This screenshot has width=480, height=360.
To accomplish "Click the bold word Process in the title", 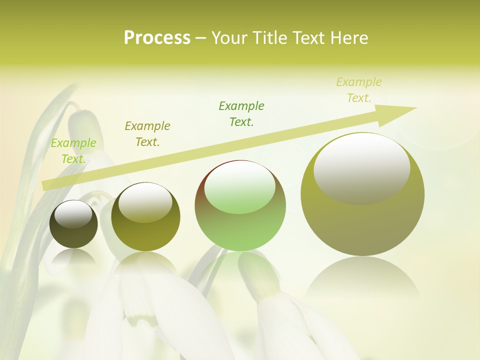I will (x=157, y=38).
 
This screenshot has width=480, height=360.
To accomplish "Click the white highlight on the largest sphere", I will (x=361, y=167).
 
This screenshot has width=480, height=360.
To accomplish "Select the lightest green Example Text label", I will (x=73, y=151).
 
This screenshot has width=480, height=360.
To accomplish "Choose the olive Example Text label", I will (x=147, y=134).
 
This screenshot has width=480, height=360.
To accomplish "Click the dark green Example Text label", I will (x=241, y=114).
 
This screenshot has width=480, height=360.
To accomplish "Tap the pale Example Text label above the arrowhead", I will (x=359, y=90).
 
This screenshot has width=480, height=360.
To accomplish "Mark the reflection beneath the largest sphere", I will (x=362, y=277).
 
